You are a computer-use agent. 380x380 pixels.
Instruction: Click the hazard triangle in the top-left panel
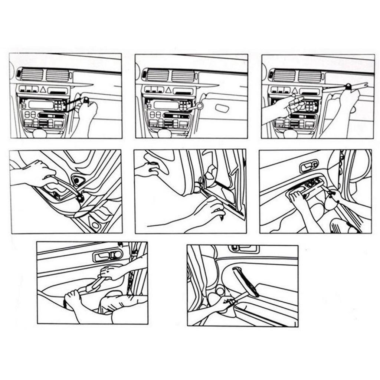coord(43,89)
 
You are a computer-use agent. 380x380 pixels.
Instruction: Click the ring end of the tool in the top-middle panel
coord(200,106)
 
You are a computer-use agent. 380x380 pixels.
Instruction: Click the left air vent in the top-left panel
coord(32,75)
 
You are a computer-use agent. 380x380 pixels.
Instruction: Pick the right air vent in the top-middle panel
coord(183,75)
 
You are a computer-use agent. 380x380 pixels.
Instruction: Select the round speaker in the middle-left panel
coord(78,181)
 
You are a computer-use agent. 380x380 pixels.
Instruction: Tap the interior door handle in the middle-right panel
coord(309,166)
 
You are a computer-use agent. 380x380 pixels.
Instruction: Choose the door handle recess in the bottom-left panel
coord(108,255)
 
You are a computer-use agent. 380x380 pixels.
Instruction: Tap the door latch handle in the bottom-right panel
coord(244,248)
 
